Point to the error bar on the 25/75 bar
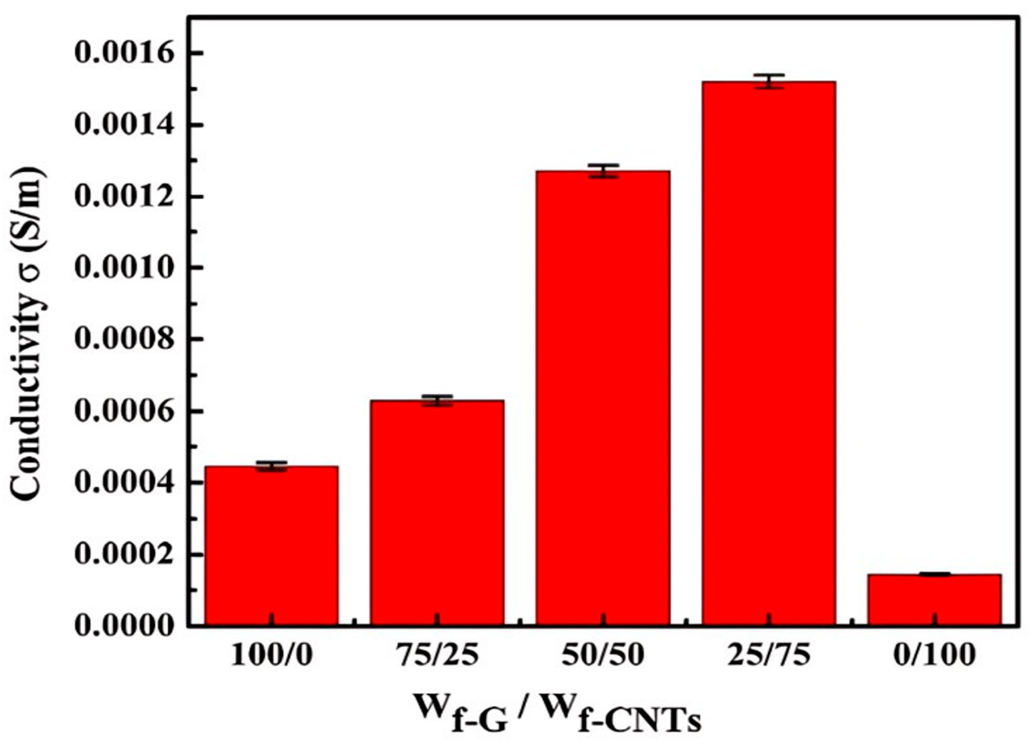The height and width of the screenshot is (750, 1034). tap(769, 81)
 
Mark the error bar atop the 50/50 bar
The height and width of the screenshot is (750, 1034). tap(603, 171)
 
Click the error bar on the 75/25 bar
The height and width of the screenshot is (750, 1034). tap(437, 400)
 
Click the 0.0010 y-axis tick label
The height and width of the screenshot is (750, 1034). tap(124, 268)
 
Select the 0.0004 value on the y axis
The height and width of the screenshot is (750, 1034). tap(124, 483)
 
